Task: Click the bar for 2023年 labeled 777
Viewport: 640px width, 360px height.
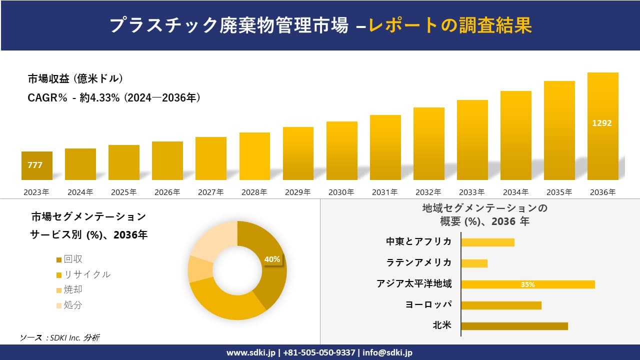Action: click(x=36, y=165)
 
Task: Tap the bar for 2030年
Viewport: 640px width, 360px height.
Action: click(x=342, y=150)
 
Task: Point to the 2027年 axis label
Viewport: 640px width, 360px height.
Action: click(x=210, y=192)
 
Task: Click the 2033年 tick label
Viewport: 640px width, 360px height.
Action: click(x=472, y=192)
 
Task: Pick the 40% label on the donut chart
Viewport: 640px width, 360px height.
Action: click(x=272, y=259)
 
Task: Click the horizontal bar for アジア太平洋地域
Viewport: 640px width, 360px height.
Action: click(x=527, y=284)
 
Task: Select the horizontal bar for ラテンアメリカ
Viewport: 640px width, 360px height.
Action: click(x=474, y=263)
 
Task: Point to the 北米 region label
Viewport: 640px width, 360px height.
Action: click(x=442, y=326)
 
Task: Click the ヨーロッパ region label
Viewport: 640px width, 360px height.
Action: click(x=428, y=305)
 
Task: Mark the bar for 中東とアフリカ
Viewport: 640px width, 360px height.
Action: click(x=487, y=242)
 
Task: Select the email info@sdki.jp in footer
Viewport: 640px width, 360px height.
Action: click(x=387, y=352)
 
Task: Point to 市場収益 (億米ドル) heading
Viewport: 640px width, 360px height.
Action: click(x=75, y=79)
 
